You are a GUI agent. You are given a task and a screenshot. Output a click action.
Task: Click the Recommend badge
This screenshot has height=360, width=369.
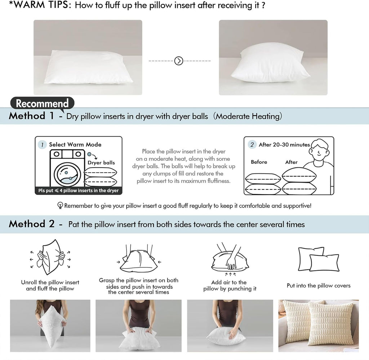(x=42, y=103)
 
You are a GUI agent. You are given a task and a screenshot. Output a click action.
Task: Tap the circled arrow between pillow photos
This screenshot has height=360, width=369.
(x=179, y=61)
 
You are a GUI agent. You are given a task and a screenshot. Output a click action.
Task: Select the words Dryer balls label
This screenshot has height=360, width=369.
(x=101, y=163)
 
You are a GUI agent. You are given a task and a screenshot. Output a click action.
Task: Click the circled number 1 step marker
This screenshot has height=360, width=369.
(x=42, y=145)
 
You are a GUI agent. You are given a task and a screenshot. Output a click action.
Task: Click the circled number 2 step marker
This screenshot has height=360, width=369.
(x=252, y=145)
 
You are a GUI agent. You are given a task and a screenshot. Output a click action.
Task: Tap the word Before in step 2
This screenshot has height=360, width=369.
(x=259, y=162)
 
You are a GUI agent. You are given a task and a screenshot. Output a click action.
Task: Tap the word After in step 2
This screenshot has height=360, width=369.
(x=291, y=162)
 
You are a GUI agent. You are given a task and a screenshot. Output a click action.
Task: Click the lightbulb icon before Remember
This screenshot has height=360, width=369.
(x=60, y=206)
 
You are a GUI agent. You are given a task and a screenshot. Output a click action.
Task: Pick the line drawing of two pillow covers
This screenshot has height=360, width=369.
(x=318, y=259)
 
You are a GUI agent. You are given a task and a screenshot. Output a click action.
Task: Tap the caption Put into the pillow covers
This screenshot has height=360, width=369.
(x=319, y=285)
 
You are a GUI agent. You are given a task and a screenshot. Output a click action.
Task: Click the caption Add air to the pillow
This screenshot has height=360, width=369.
(x=230, y=285)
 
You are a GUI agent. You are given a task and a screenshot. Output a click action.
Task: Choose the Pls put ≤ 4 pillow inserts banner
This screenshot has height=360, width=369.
(x=78, y=191)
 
